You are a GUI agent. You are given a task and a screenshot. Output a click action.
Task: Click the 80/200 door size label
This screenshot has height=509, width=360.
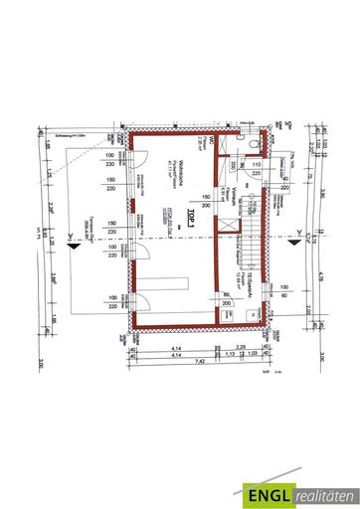pyautogui.click(x=229, y=300)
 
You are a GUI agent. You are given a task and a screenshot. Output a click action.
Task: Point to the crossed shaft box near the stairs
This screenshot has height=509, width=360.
pyautogui.click(x=230, y=228)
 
